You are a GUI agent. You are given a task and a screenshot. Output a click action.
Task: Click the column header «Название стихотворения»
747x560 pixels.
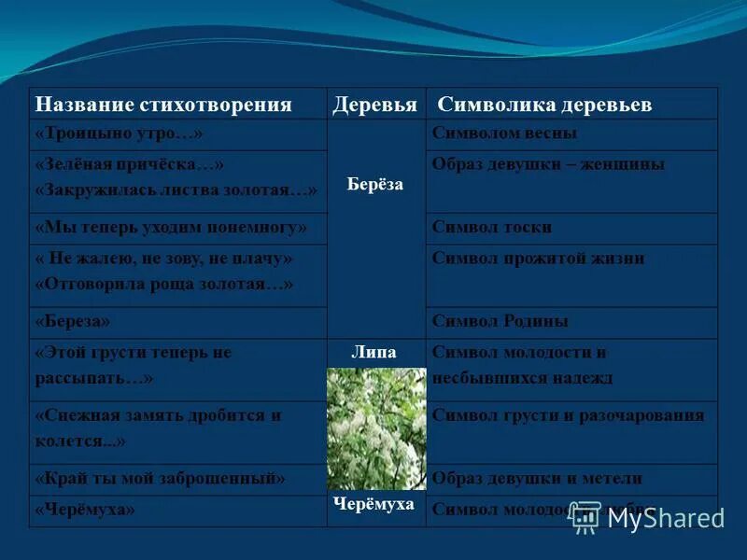[x=163, y=105]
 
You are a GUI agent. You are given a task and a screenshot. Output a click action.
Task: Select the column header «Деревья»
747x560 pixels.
[x=374, y=105]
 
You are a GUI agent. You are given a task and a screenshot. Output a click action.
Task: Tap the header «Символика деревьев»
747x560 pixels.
[x=545, y=105]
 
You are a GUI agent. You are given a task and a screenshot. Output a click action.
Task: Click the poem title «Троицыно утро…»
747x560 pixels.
[x=119, y=134]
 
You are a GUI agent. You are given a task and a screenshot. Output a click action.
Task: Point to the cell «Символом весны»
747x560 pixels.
[x=504, y=133]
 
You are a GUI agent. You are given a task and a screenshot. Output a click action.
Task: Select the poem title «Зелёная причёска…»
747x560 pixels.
[x=130, y=164]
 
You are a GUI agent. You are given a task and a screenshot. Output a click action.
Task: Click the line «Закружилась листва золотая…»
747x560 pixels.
[x=176, y=189]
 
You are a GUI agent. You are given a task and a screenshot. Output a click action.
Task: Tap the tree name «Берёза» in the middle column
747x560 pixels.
[x=374, y=184]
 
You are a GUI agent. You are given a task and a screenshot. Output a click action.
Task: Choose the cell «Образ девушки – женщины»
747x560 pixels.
[x=548, y=164]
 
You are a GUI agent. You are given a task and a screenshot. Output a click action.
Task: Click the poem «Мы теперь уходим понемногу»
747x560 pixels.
[x=171, y=227]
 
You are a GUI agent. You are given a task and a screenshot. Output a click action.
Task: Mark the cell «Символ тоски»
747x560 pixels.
[x=492, y=227]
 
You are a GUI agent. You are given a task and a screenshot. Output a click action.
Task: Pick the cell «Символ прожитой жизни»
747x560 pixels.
[x=538, y=259]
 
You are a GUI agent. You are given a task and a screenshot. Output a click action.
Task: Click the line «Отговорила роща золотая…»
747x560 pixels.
[x=164, y=283]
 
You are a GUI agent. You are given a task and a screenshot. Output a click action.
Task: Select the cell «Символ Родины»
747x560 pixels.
[x=500, y=321]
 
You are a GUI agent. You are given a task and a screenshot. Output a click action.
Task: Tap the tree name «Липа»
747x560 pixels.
[x=373, y=353]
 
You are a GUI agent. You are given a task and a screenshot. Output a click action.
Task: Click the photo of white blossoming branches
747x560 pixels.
[x=375, y=427]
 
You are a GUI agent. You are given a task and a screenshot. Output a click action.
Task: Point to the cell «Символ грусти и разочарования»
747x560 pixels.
[x=568, y=415]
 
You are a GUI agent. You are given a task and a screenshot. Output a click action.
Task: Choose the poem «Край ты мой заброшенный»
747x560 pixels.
[x=160, y=479]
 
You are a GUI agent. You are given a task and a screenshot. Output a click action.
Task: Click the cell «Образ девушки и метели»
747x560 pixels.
[x=537, y=479]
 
